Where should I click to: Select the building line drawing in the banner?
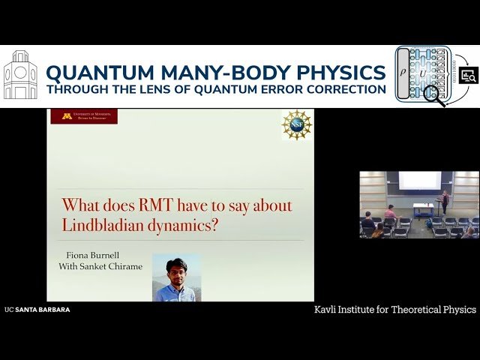pos(20,76)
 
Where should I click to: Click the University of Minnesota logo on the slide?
pos(84,116)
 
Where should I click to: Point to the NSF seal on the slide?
pos(296,124)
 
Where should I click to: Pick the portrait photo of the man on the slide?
pos(176,277)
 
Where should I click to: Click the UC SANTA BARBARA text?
pos(37,309)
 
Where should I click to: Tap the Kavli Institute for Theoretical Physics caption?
pos(395,309)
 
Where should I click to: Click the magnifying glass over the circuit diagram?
pos(433,95)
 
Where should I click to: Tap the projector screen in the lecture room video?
pos(419,180)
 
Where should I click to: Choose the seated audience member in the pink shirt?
pos(389,212)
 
